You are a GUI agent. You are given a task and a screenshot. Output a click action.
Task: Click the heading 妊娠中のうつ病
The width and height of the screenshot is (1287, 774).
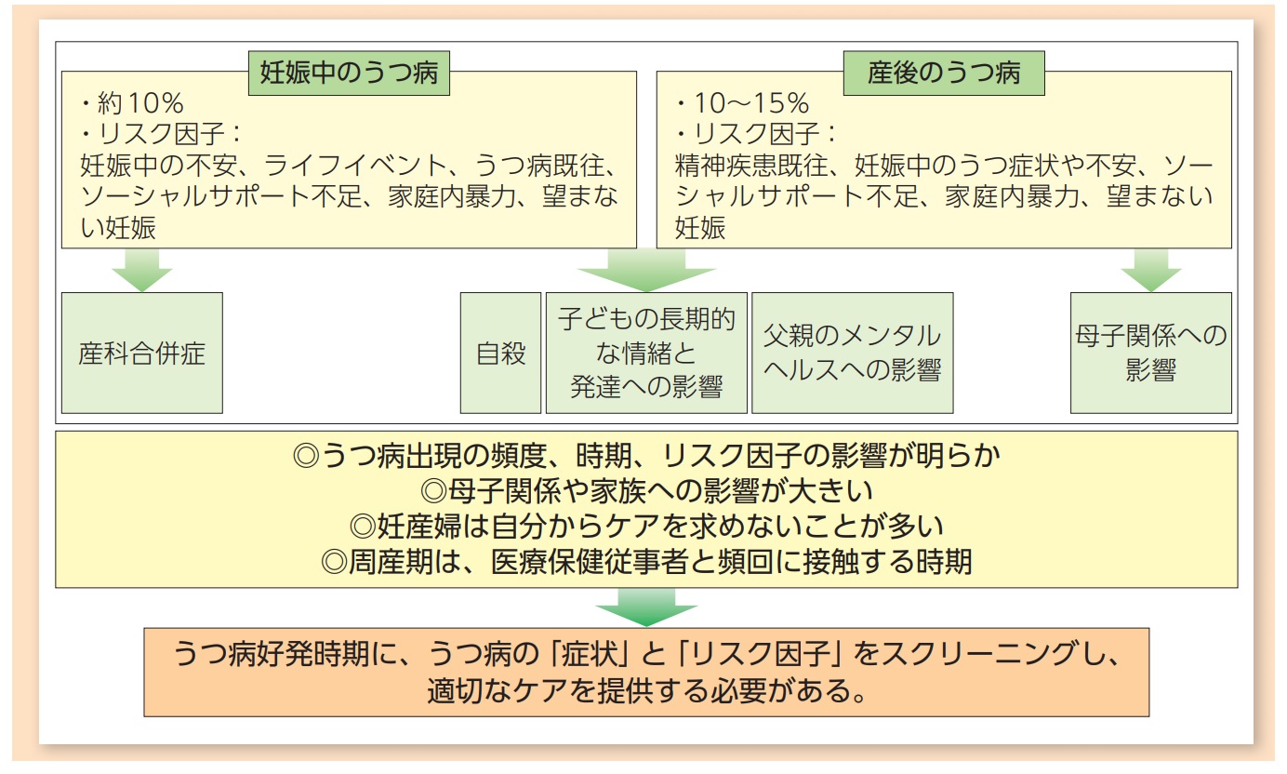pos(349,73)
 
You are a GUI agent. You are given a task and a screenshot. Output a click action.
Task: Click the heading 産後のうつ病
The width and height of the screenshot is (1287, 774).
pos(943,73)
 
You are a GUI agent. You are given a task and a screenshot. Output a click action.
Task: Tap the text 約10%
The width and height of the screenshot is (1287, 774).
pos(139,104)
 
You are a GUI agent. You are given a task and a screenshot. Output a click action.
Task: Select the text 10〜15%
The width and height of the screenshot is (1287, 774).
pos(741,104)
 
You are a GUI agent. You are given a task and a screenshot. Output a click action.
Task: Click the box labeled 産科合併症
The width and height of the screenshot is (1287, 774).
pos(141,354)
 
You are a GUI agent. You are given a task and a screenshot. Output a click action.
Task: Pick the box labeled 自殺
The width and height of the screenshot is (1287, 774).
pos(500,354)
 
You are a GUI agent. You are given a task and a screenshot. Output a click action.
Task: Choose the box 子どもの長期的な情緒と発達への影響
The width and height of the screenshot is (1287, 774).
pos(646,354)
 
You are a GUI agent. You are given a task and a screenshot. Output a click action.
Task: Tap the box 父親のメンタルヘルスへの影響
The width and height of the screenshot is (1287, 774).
pos(852,354)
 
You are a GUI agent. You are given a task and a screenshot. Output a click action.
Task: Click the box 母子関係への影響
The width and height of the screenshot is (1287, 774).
pos(1150,354)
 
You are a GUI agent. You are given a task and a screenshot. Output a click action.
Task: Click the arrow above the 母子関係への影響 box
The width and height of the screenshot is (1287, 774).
pos(1150,271)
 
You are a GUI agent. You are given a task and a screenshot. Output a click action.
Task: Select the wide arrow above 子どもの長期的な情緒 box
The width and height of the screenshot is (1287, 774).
pos(646,271)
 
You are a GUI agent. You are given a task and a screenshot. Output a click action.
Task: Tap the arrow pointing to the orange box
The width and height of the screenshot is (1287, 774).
pos(646,609)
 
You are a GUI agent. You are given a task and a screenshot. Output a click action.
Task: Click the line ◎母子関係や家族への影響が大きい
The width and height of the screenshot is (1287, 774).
pos(646,491)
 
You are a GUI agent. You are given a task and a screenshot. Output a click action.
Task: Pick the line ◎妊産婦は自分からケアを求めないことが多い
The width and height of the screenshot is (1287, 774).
pos(646,527)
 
